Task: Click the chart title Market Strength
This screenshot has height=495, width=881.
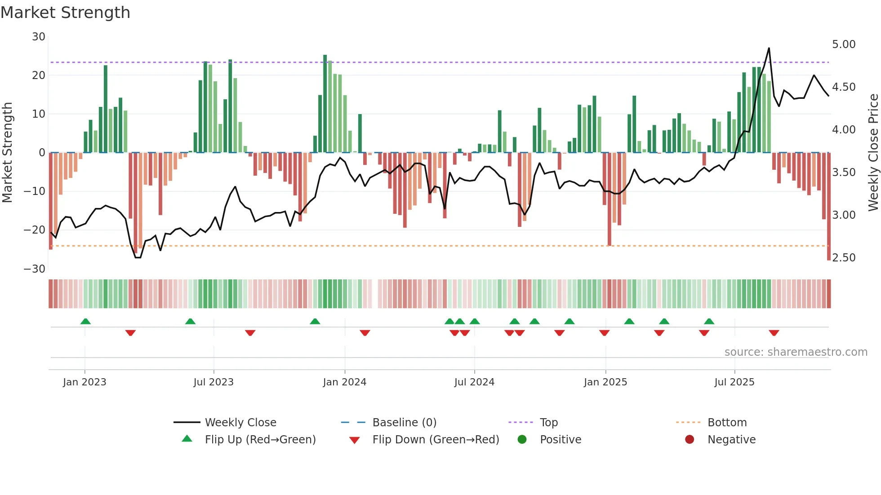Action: click(x=65, y=13)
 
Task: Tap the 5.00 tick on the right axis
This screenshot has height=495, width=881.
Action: click(x=843, y=44)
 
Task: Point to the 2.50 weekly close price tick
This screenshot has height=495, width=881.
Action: click(x=843, y=258)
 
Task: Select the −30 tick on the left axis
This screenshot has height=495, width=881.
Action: click(x=35, y=269)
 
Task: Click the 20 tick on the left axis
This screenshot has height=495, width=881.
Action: click(x=39, y=75)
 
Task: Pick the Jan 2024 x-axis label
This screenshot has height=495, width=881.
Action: click(x=344, y=382)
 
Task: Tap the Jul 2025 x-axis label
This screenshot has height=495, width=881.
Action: click(x=734, y=382)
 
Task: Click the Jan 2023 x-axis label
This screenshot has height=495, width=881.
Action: click(x=85, y=382)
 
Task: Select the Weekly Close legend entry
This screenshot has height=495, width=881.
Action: click(x=240, y=423)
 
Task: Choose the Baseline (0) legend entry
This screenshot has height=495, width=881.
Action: click(x=404, y=423)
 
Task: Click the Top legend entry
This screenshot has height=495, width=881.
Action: click(x=548, y=423)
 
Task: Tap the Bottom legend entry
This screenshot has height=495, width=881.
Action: click(x=727, y=423)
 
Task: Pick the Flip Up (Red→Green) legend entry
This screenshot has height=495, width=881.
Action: click(x=260, y=440)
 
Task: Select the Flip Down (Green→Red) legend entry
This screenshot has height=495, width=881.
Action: click(x=436, y=440)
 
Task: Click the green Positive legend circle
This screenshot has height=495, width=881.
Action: click(x=522, y=439)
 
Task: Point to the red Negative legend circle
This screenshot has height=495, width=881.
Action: click(x=690, y=439)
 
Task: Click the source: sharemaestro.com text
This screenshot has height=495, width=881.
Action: click(x=796, y=352)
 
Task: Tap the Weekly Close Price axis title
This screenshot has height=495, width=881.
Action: click(x=873, y=153)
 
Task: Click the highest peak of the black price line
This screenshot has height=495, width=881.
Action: click(x=769, y=49)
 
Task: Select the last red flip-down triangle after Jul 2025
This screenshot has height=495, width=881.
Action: click(x=774, y=333)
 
